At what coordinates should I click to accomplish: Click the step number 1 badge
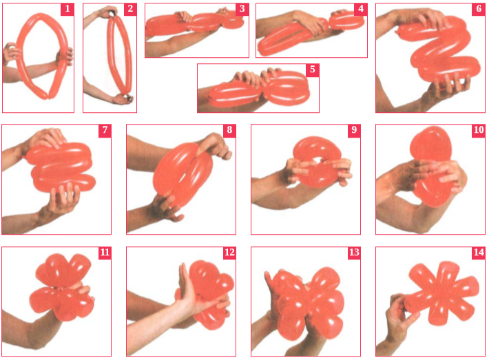click(67, 9)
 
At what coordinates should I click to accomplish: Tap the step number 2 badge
click(130, 9)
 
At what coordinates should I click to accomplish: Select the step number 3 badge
click(242, 9)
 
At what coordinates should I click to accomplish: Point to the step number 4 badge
click(361, 9)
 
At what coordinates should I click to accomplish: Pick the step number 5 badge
click(313, 70)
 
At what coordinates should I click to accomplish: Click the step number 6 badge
click(479, 9)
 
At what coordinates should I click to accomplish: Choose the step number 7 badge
click(105, 130)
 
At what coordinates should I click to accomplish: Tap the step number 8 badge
click(229, 130)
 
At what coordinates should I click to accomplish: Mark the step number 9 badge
click(354, 130)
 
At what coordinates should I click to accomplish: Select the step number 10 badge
click(479, 130)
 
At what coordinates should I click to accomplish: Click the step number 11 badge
click(105, 253)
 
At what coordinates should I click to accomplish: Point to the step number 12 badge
click(229, 253)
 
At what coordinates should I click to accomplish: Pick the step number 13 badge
click(354, 253)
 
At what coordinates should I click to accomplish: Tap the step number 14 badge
click(479, 253)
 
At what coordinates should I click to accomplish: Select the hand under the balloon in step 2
click(124, 98)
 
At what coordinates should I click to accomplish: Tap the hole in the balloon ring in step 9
click(317, 160)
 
